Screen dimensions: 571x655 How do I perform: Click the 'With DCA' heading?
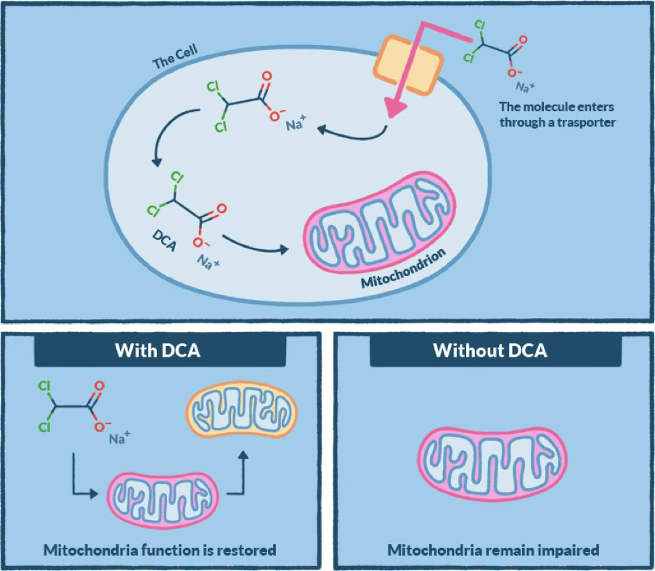(159, 351)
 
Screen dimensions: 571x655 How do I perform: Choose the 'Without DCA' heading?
(490, 351)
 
